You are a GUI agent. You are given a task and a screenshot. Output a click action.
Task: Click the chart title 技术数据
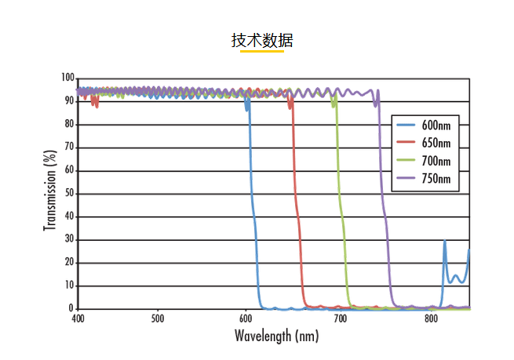click(262, 41)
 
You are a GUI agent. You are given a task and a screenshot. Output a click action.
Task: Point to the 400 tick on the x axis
click(78, 319)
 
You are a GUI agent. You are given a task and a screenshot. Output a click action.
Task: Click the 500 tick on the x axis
click(158, 319)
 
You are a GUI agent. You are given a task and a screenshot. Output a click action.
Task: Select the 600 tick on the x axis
click(246, 319)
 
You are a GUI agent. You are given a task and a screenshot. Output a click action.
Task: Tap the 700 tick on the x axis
click(339, 319)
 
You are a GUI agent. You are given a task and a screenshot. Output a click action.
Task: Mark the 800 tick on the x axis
click(431, 319)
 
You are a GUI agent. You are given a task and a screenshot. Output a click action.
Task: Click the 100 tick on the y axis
click(67, 78)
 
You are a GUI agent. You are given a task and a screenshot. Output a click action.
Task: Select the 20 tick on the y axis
click(69, 263)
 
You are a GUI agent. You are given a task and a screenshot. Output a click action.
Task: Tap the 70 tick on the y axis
click(69, 147)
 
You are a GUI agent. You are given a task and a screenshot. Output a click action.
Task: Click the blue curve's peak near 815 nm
click(445, 241)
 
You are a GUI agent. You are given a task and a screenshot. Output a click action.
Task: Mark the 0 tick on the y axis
click(71, 309)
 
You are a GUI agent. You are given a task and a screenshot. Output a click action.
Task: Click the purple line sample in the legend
click(406, 180)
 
